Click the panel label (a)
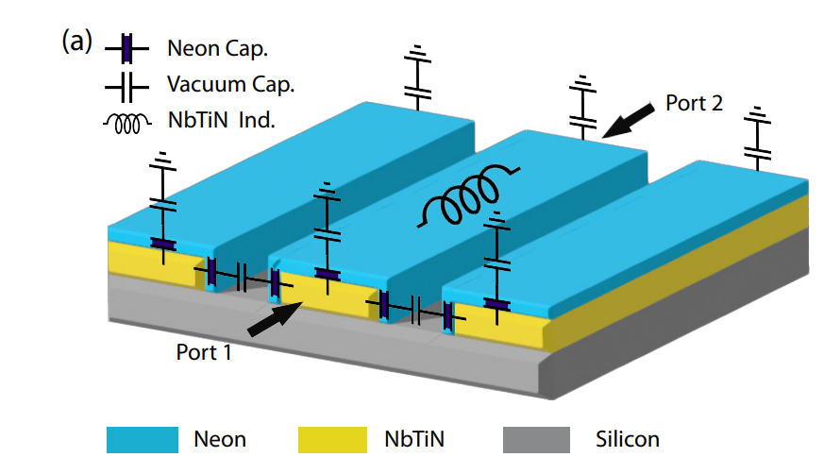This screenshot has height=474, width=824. coord(76,42)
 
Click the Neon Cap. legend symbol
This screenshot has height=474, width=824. coord(126,47)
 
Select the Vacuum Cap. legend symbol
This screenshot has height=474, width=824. coord(126,85)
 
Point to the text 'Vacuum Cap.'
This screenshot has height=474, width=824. coord(230,85)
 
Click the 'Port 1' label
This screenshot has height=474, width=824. coord(204,352)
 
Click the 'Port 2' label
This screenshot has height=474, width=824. coord(694,103)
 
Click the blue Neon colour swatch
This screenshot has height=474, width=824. coord(142,439)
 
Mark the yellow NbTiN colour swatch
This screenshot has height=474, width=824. coord(332,439)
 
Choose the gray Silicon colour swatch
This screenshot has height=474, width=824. coord(537,439)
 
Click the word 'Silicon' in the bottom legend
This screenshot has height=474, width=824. coord(628,439)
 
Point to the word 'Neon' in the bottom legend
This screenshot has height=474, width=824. coord(219,439)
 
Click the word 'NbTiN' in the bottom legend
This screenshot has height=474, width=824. coord(416,439)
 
